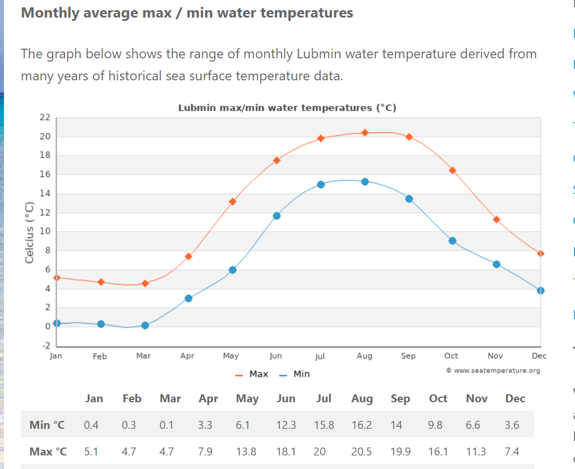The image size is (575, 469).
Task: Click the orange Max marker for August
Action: [365, 132]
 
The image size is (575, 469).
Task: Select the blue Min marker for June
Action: [276, 216]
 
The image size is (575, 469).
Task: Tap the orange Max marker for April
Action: [189, 256]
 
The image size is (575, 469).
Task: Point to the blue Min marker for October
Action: [452, 240]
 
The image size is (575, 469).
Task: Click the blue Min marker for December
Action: [540, 290]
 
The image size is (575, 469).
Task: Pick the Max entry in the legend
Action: [252, 374]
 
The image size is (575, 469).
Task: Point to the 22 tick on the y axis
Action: [45, 117]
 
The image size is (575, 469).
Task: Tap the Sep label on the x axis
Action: [408, 356]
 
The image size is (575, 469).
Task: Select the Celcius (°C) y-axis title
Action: [30, 233]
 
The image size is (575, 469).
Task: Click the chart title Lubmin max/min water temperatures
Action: [287, 107]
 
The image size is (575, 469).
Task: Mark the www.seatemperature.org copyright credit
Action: [493, 371]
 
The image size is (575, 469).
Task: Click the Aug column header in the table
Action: [362, 398]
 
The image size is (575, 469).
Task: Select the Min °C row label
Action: [47, 425]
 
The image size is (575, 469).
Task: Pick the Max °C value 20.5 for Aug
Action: [361, 451]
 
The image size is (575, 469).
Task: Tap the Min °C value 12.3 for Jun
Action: [286, 425]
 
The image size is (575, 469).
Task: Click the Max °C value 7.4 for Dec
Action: [512, 451]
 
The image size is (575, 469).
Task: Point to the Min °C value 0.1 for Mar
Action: [167, 425]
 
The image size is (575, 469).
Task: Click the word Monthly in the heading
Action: [50, 12]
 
